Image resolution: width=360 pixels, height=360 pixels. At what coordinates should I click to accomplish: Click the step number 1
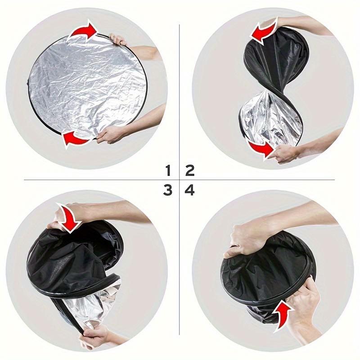click(168, 171)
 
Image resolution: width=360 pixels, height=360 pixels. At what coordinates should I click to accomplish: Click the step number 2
click(189, 171)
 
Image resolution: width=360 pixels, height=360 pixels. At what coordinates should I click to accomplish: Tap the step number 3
click(168, 190)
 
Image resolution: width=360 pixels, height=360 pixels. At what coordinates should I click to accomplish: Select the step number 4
click(189, 190)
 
